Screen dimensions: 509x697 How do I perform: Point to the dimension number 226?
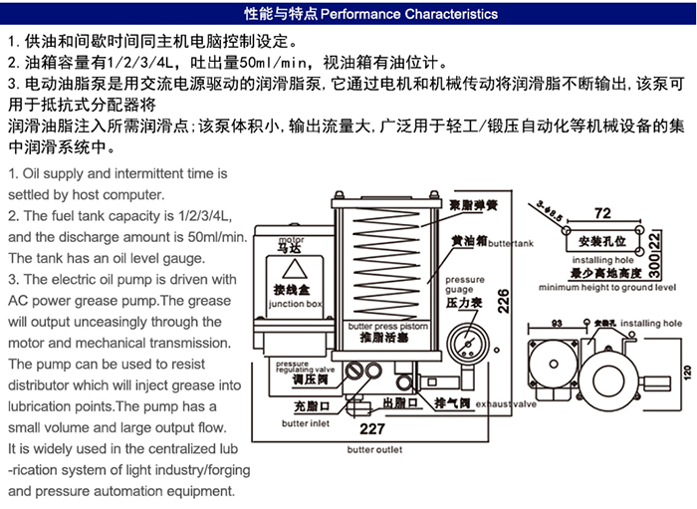(x=504, y=300)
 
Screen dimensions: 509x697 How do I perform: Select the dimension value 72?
(x=601, y=213)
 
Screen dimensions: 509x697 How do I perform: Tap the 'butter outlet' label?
(x=374, y=449)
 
